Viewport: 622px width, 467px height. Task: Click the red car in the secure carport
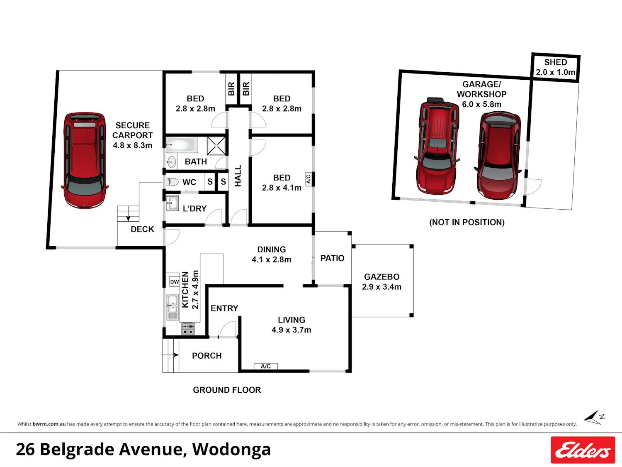point(85,161)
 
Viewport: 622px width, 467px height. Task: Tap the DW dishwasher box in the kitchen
point(175,281)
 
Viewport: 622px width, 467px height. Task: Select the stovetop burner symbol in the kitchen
point(188,329)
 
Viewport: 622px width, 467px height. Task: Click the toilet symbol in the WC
point(172,181)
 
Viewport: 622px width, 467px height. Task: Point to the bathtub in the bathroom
point(182,144)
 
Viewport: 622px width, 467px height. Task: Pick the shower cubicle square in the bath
point(216,146)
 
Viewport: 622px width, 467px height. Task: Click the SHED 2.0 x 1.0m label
point(555,67)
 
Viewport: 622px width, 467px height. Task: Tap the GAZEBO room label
point(382,277)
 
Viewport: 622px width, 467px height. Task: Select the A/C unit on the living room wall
point(265,367)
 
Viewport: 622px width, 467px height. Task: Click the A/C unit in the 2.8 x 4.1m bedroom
point(309,179)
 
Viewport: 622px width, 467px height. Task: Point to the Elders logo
point(583,450)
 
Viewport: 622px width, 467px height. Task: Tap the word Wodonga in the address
point(231,450)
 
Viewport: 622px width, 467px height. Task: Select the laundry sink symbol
point(172,203)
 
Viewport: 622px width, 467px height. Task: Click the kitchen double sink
point(172,307)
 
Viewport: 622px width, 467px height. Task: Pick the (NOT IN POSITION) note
point(467,222)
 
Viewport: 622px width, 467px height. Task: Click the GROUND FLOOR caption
point(227,390)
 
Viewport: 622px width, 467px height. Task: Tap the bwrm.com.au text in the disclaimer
point(49,424)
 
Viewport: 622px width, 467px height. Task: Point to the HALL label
point(238,176)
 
